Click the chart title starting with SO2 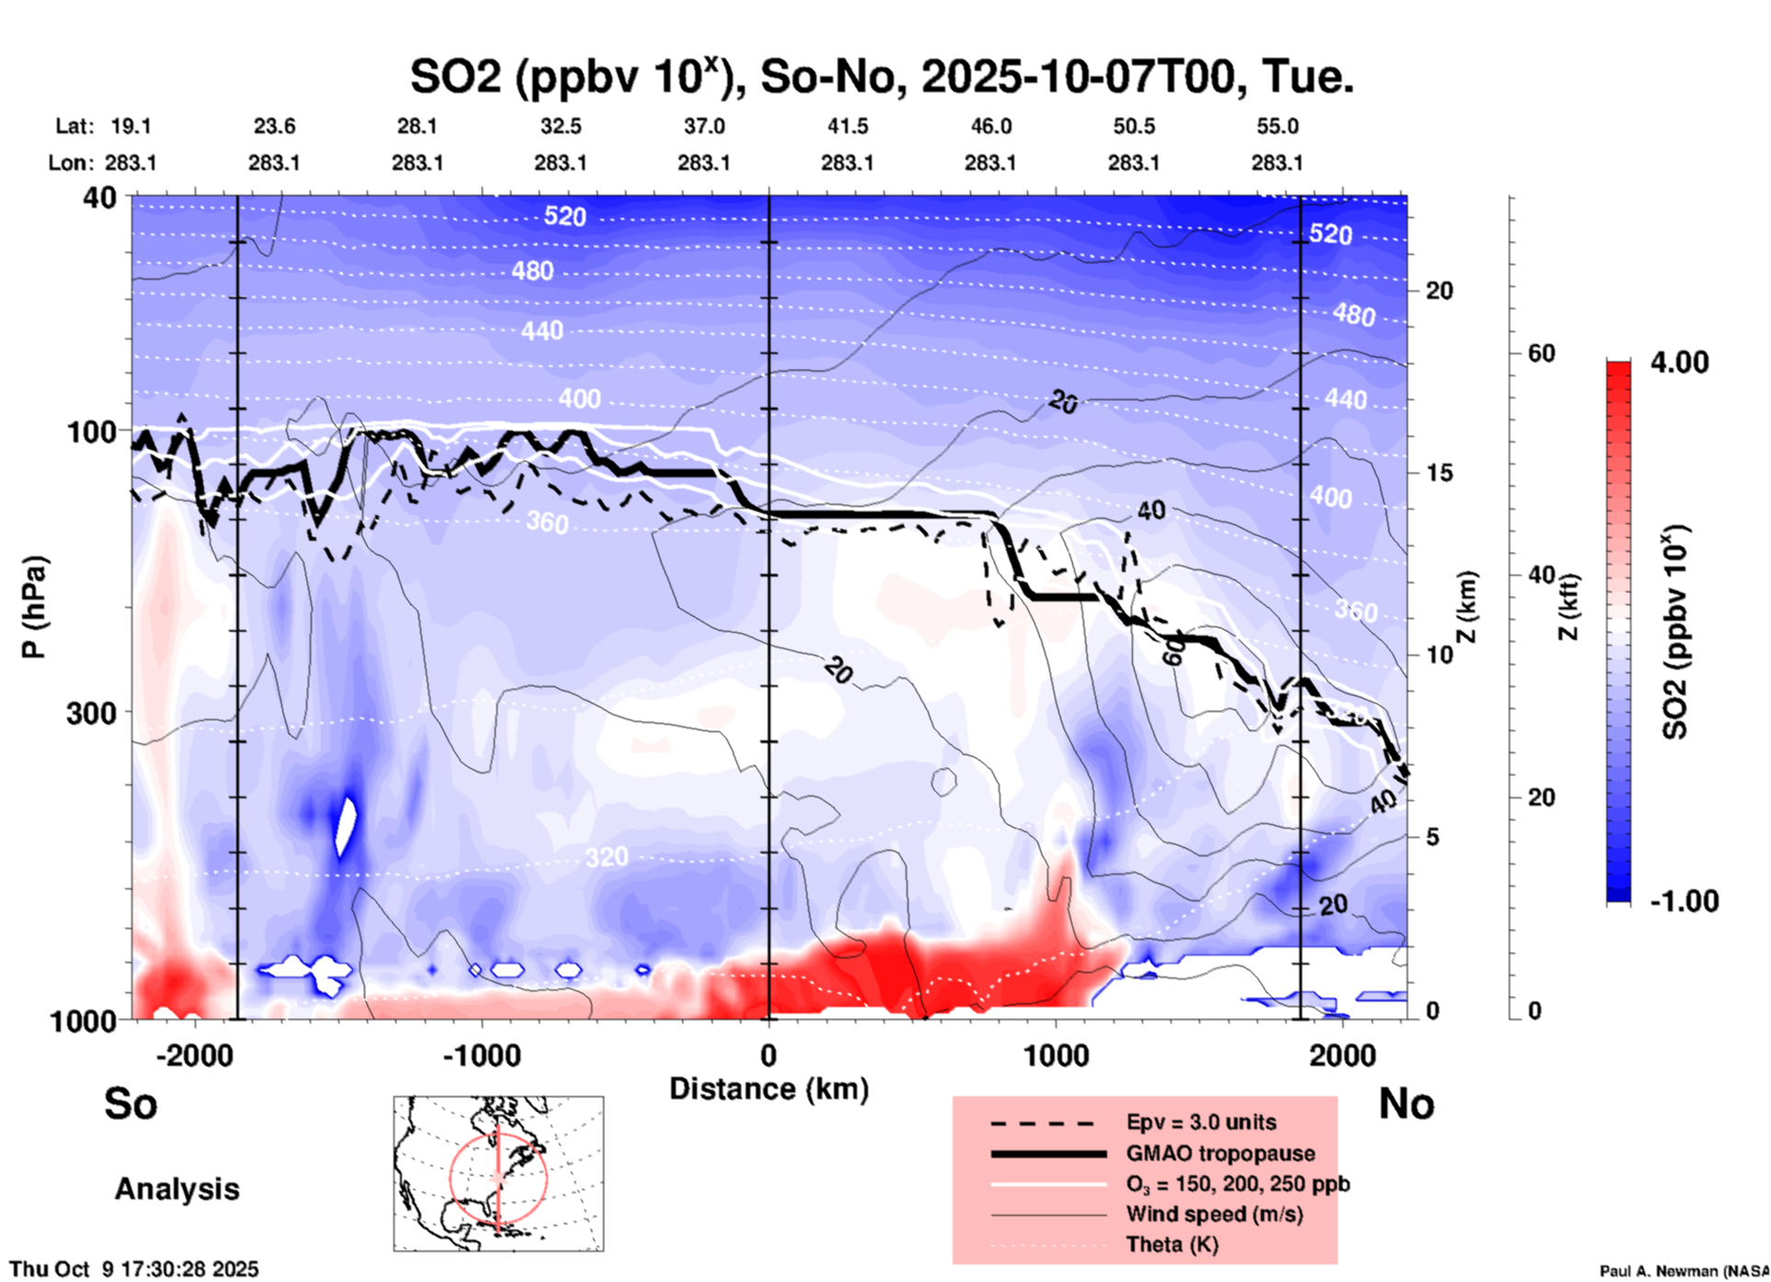pos(881,77)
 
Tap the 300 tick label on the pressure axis pos(92,713)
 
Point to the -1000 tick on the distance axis pos(481,1055)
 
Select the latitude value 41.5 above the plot pos(847,126)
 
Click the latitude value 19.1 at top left pos(131,126)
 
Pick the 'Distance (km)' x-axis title pos(769,1089)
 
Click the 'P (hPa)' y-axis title pos(34,607)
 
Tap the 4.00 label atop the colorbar pos(1679,362)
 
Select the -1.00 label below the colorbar pos(1684,901)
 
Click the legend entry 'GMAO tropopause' pos(1220,1153)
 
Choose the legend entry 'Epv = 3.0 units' pos(1201,1122)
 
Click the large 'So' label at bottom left pos(131,1104)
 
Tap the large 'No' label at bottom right pos(1406,1104)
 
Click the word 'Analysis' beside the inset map pos(177,1189)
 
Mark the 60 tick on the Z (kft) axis pos(1541,353)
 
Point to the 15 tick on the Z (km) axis pos(1439,473)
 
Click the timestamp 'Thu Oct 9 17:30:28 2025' pos(134,1269)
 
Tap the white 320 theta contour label pos(607,857)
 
